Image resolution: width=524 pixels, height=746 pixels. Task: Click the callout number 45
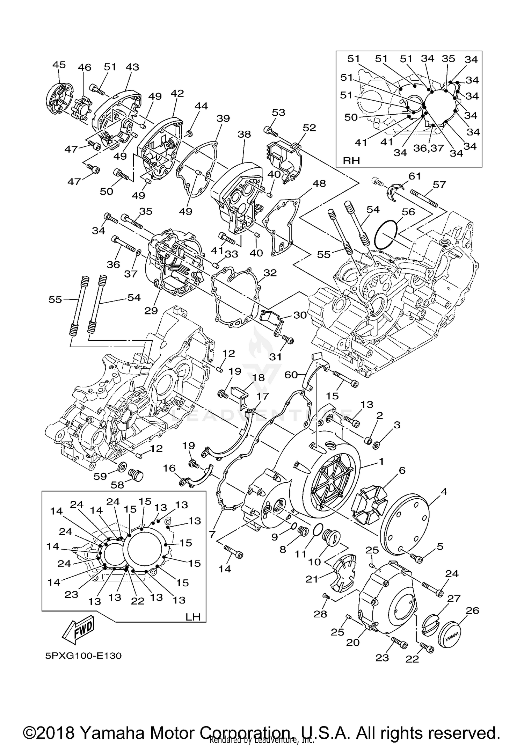[59, 65]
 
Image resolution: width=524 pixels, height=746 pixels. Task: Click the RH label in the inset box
[351, 160]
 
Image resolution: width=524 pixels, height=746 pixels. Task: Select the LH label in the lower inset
[193, 617]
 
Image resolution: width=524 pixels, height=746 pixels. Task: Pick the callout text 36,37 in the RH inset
[428, 148]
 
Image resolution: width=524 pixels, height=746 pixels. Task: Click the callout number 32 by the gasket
[270, 273]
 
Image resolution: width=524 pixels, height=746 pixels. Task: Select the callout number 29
[151, 310]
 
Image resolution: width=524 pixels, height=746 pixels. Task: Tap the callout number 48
[319, 183]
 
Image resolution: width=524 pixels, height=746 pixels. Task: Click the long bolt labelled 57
[423, 198]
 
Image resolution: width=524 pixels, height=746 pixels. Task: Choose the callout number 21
[312, 579]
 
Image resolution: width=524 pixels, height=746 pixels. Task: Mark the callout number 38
[244, 134]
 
